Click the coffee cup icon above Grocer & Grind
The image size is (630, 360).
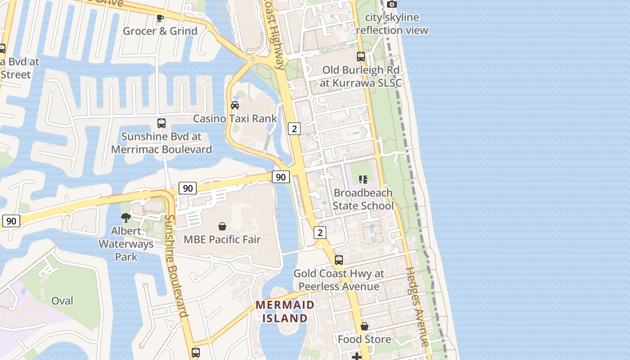tap(160, 18)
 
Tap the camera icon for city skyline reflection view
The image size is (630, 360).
tap(392, 4)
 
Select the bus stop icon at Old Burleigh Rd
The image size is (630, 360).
tap(361, 57)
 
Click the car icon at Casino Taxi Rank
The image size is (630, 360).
tap(234, 105)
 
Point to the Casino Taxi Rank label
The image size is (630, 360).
tap(235, 118)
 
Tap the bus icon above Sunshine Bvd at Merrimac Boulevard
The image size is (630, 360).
tap(162, 123)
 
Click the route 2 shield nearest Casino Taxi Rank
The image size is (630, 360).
tap(294, 129)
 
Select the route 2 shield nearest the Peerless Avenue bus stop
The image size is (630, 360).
tap(320, 233)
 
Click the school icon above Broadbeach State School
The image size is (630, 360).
tap(363, 180)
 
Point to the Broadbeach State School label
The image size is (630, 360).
tap(363, 199)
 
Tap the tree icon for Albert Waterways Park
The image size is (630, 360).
tap(126, 218)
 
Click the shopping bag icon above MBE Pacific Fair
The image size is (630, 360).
tap(222, 226)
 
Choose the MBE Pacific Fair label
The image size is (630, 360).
tap(222, 239)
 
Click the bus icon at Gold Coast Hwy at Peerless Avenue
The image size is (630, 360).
tap(339, 260)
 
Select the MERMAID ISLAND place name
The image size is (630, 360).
tap(285, 311)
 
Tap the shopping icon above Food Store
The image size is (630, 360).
tap(364, 326)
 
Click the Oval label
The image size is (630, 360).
tap(62, 301)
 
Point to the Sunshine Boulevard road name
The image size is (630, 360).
tap(176, 265)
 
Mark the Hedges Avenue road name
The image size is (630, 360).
tap(418, 307)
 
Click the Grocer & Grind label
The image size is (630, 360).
tap(160, 31)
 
